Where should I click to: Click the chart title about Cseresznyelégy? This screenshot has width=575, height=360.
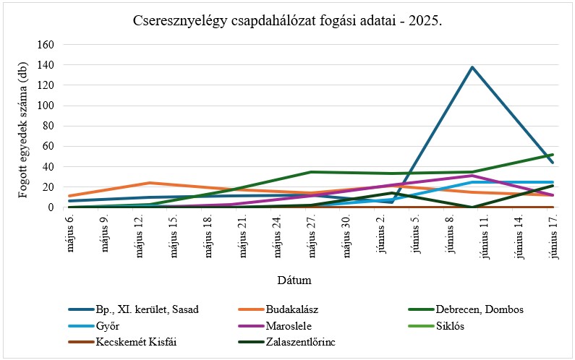(x=287, y=21)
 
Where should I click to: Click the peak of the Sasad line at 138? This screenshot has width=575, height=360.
(x=472, y=67)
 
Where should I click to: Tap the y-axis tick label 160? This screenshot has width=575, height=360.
(x=46, y=44)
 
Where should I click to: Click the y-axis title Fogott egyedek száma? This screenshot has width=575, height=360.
(x=23, y=126)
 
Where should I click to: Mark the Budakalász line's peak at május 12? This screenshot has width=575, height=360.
(x=150, y=183)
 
